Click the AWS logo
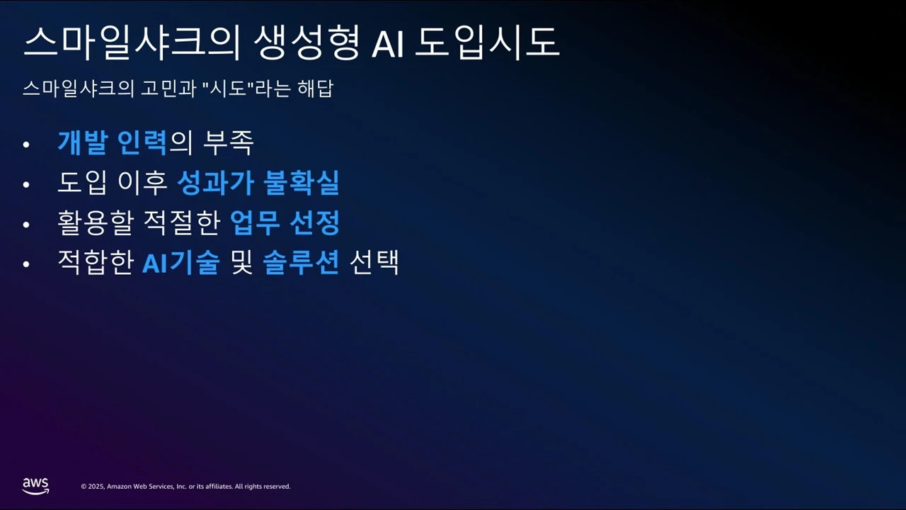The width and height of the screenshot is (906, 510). pyautogui.click(x=35, y=485)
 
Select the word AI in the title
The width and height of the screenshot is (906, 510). pyautogui.click(x=387, y=43)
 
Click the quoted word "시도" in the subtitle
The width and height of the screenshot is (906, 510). pyautogui.click(x=228, y=89)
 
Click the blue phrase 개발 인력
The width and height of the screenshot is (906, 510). pyautogui.click(x=112, y=143)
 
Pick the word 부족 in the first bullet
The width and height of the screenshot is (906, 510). pyautogui.click(x=228, y=143)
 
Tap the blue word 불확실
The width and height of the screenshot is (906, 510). pyautogui.click(x=301, y=183)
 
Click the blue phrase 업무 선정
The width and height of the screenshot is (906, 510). pyautogui.click(x=285, y=223)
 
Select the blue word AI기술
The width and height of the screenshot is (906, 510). pyautogui.click(x=180, y=263)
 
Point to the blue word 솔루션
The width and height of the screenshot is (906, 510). pyautogui.click(x=301, y=263)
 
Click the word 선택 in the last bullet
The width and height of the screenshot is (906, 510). pyautogui.click(x=374, y=263)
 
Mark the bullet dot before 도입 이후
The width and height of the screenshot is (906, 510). pyautogui.click(x=27, y=184)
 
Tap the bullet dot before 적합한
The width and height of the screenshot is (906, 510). pyautogui.click(x=27, y=263)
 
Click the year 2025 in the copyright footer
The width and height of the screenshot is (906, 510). pyautogui.click(x=97, y=487)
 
